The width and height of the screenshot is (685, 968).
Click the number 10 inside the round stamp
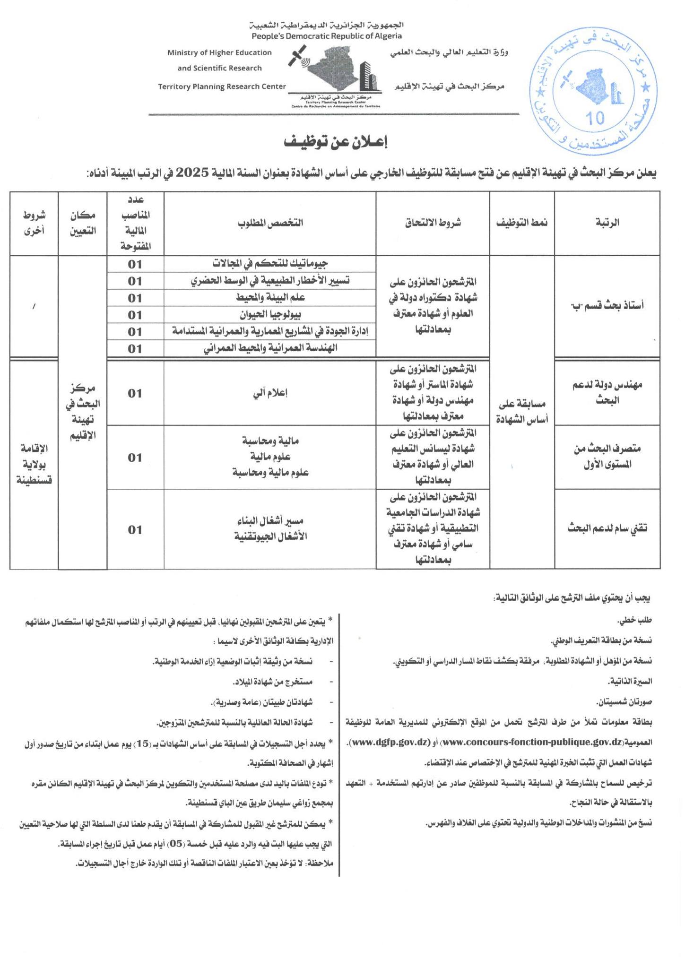(597, 118)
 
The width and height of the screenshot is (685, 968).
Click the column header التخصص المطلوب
(270, 223)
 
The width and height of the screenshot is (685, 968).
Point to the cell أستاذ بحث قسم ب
(607, 305)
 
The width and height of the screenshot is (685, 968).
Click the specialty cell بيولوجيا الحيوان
(270, 314)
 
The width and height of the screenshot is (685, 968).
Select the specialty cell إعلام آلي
(270, 393)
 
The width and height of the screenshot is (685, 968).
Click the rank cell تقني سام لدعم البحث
(607, 529)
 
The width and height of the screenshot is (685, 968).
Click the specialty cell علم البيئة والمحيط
(270, 298)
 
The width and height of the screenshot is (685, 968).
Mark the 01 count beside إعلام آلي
(135, 393)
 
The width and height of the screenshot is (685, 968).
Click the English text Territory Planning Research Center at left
(222, 86)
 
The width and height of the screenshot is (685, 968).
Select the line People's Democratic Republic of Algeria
(327, 36)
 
